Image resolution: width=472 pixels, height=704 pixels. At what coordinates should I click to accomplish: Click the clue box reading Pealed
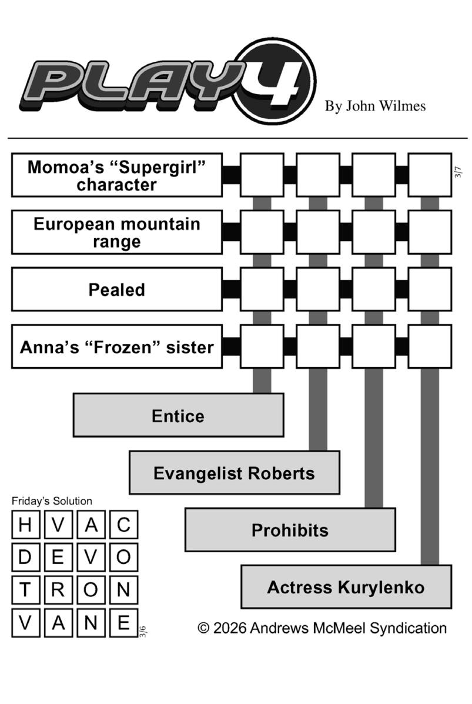tap(116, 289)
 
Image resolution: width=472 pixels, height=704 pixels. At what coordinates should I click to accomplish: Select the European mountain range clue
tap(116, 232)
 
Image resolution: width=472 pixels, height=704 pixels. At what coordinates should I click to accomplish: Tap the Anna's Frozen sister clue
tap(116, 346)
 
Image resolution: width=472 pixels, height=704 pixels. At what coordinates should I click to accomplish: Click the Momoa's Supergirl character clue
tap(116, 175)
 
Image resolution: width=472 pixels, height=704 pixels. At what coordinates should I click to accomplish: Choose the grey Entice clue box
tap(178, 415)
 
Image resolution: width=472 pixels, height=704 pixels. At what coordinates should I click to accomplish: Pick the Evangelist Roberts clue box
tap(234, 473)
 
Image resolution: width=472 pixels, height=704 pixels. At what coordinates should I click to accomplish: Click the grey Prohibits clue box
tap(290, 530)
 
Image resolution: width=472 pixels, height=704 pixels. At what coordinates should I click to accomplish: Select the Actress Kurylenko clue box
tap(346, 587)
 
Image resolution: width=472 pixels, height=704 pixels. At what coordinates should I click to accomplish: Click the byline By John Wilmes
tap(375, 106)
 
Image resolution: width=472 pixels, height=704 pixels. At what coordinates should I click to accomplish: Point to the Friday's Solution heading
tap(52, 501)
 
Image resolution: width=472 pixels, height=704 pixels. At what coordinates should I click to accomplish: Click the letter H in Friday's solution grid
tap(25, 525)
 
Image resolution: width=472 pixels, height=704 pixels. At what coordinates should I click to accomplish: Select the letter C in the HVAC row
tap(123, 525)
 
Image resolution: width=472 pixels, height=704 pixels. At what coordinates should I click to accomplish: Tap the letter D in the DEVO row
tap(25, 557)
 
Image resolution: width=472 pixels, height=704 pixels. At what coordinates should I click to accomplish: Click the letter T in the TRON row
tap(25, 590)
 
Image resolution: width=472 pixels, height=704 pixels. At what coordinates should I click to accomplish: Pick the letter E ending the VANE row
tap(123, 622)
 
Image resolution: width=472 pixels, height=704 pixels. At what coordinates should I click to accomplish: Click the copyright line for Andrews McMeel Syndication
tap(322, 628)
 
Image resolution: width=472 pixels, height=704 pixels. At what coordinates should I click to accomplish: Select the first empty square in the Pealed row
tap(262, 289)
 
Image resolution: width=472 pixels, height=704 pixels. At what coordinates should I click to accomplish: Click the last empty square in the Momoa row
tap(430, 175)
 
